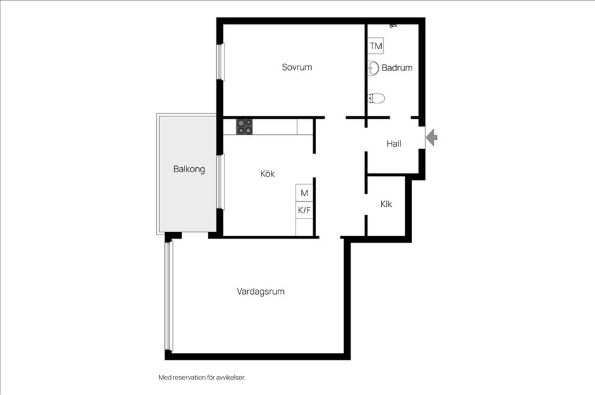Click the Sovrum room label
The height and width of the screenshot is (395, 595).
297,67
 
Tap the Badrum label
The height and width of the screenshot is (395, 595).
397,68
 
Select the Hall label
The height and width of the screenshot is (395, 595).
394,144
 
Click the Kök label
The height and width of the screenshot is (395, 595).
267,174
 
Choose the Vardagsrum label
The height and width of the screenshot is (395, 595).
260,291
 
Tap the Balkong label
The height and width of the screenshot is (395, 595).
189,168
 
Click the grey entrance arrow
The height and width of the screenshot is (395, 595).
432,137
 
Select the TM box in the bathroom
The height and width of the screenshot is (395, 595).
376,46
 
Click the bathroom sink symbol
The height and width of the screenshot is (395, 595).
373,68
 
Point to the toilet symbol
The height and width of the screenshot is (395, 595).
376,98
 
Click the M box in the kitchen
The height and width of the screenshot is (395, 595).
304,193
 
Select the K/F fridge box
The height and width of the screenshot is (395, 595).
304,211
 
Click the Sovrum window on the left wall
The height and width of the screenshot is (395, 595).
219,61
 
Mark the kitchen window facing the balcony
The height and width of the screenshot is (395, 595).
220,181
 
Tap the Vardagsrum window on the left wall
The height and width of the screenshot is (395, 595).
167,296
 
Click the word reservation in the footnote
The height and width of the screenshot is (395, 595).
192,377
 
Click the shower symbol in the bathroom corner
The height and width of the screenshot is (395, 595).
393,26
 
